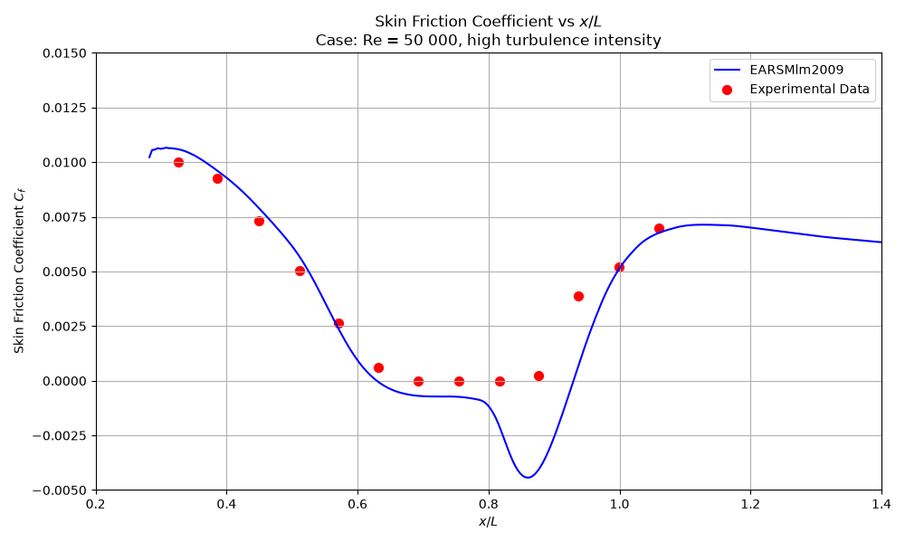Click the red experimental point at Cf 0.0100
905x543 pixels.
(x=179, y=163)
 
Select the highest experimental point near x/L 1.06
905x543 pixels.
(x=659, y=228)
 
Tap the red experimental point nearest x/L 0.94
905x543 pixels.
(x=579, y=297)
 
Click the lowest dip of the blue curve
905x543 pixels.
(x=528, y=477)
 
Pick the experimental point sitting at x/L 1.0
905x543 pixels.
(x=619, y=267)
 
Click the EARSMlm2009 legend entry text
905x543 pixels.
(x=796, y=70)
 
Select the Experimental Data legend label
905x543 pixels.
(x=809, y=89)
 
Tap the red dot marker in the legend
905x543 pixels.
(x=728, y=90)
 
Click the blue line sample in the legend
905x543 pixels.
(x=728, y=70)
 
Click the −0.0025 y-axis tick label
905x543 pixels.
(x=60, y=435)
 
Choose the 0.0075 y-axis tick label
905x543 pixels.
(x=64, y=217)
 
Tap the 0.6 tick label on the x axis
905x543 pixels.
(x=357, y=504)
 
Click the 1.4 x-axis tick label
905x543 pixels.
(x=881, y=504)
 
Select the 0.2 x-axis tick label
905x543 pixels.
(x=96, y=504)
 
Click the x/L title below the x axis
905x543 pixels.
(x=489, y=521)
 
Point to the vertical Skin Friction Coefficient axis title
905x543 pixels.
(x=20, y=271)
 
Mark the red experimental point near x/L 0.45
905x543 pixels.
(x=259, y=221)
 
